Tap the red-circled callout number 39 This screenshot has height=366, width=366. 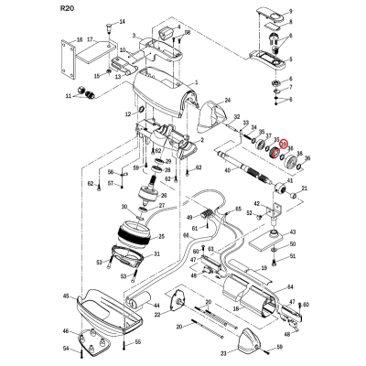284,145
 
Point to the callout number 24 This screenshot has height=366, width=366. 228,98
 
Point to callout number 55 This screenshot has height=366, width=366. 138,341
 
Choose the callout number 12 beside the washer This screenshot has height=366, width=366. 129,112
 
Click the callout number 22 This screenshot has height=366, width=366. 159,315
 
